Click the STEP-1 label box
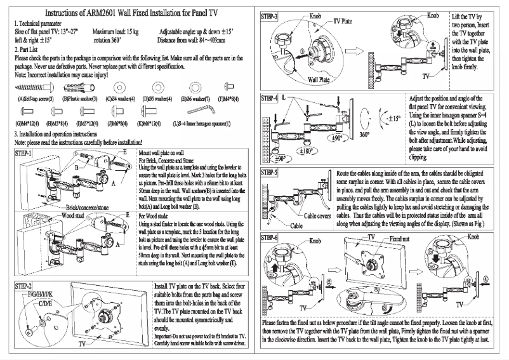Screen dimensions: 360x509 coord(23,155)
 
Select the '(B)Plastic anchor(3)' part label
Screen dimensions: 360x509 coord(79,99)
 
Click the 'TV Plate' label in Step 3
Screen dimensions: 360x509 coord(343,22)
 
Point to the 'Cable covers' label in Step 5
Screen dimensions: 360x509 coord(334,216)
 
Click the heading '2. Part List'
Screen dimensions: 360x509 coord(29,49)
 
